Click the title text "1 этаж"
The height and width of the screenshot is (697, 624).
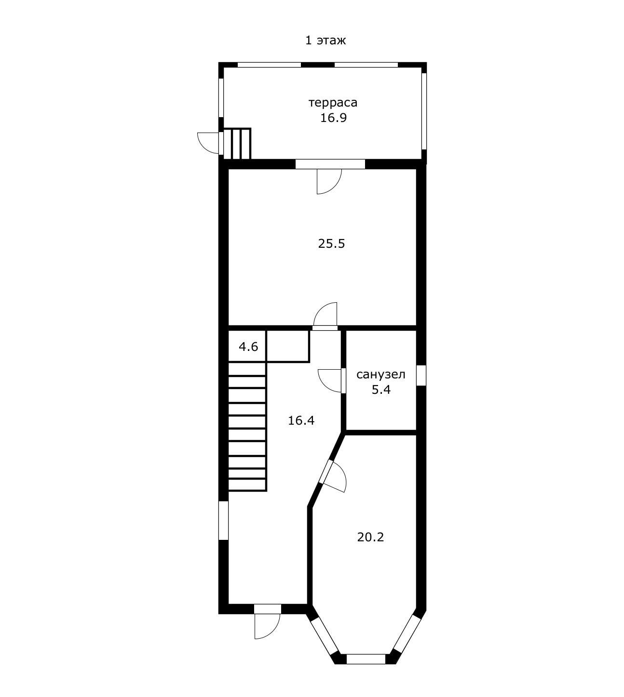coord(325,40)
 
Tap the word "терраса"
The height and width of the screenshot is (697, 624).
coord(332,103)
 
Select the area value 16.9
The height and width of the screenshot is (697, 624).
coord(333,118)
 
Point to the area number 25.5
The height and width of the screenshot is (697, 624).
coord(331,243)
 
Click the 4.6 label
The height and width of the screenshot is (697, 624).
coord(248,347)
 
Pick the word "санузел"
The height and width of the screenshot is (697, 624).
coord(380,375)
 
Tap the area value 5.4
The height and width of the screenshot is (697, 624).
coord(381,390)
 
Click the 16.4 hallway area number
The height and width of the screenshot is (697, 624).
coord(301,420)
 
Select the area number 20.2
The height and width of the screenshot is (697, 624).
coord(370,536)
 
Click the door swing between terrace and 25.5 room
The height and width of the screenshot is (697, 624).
coord(329,182)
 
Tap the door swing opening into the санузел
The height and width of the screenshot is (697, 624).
coord(329,381)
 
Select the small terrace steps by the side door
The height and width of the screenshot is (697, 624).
coord(237,144)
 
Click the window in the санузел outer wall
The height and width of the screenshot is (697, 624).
coord(421,375)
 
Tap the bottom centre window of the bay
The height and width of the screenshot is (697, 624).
coord(366,659)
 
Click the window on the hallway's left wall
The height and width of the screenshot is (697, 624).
coord(224,521)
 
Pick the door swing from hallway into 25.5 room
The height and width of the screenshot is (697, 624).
coord(325,314)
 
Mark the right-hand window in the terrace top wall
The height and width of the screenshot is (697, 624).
coord(366,65)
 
